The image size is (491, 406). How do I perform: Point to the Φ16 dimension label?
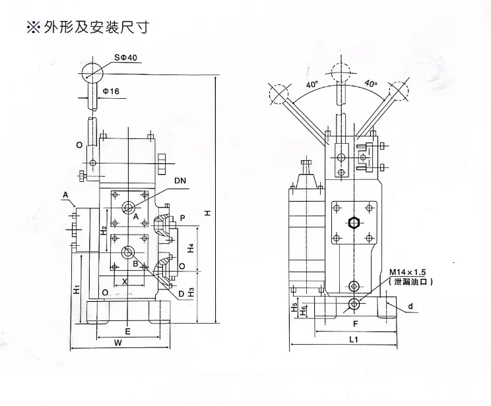coord(110,91)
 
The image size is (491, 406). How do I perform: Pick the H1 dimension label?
coord(77,289)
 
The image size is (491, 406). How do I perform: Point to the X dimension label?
coord(125,280)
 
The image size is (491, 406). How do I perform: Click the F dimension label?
coord(354,324)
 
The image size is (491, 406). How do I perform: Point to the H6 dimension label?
coord(303,310)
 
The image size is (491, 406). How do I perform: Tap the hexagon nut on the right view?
coord(354,223)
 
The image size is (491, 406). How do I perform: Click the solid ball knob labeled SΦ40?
coord(93,70)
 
